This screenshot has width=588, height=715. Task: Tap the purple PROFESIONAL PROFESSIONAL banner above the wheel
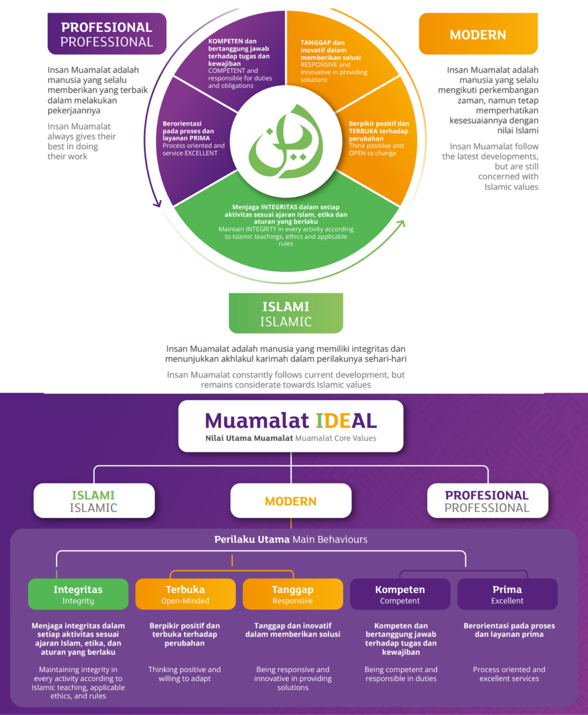[x=107, y=34]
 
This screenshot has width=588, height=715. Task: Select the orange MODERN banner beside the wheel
[x=478, y=34]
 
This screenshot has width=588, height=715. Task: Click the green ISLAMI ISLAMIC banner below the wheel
[x=286, y=313]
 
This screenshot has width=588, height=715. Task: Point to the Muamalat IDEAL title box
[x=291, y=426]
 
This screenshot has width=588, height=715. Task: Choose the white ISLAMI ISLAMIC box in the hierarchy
[x=94, y=501]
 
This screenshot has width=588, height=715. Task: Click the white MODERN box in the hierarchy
[x=291, y=501]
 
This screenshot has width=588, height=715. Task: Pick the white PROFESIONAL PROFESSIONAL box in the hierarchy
[x=487, y=501]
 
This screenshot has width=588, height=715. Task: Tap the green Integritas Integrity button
[x=78, y=594]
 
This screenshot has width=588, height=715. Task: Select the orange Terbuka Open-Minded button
[x=185, y=594]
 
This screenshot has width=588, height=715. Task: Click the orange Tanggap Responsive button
[x=293, y=594]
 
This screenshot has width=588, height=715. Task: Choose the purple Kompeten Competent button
[x=400, y=594]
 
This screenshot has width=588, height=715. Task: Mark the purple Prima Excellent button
[x=507, y=594]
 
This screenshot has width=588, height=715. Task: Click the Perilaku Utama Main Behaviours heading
[x=291, y=539]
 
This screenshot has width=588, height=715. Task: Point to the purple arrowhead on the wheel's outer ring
[x=158, y=203]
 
